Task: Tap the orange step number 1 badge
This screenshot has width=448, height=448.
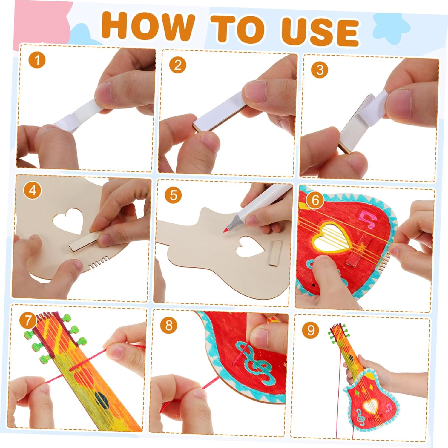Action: [37, 61]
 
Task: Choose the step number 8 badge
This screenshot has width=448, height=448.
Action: [169, 325]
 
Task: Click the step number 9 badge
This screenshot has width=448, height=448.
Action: [311, 330]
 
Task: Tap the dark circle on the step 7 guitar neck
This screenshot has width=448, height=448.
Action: [102, 398]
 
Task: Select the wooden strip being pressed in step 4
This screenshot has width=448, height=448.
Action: [85, 243]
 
